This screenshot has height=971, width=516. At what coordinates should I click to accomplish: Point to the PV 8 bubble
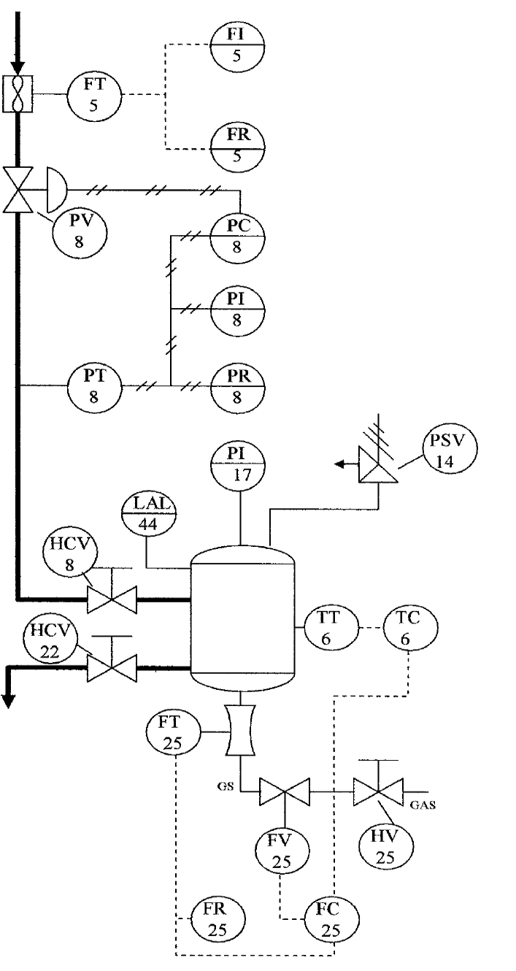(x=80, y=231)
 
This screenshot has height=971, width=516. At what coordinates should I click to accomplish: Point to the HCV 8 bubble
(x=68, y=560)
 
